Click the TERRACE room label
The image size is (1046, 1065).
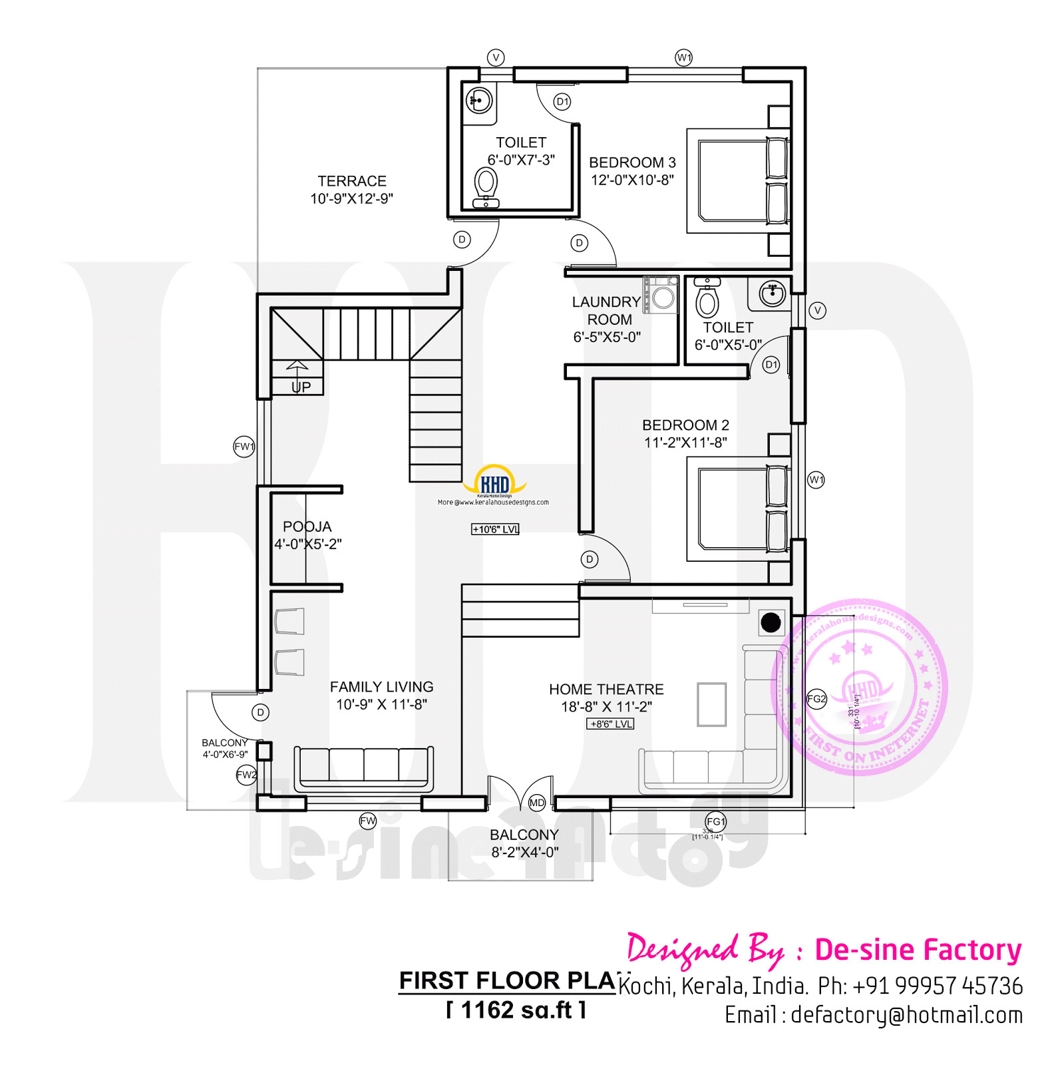[x=351, y=181]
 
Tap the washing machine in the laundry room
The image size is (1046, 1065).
[x=661, y=295]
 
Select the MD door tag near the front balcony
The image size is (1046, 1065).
[x=536, y=803]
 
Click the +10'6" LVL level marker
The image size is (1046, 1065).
[x=495, y=529]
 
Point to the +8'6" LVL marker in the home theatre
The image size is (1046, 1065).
[x=610, y=724]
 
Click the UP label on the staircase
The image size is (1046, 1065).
[x=301, y=387]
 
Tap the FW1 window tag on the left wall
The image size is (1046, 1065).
[x=244, y=447]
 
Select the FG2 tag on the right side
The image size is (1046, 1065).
[x=816, y=699]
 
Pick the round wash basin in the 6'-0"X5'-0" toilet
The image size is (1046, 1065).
[x=773, y=293]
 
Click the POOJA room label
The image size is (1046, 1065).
[x=307, y=527]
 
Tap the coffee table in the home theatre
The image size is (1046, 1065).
[x=711, y=704]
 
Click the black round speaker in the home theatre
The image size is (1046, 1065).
[x=771, y=622]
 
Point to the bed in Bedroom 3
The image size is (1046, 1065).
[x=737, y=180]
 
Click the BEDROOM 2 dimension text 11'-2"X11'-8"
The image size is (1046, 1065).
[x=685, y=443]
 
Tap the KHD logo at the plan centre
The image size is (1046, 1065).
[x=495, y=483]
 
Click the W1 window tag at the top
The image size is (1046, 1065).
[x=683, y=57]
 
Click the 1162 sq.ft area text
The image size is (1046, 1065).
[x=516, y=1010]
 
